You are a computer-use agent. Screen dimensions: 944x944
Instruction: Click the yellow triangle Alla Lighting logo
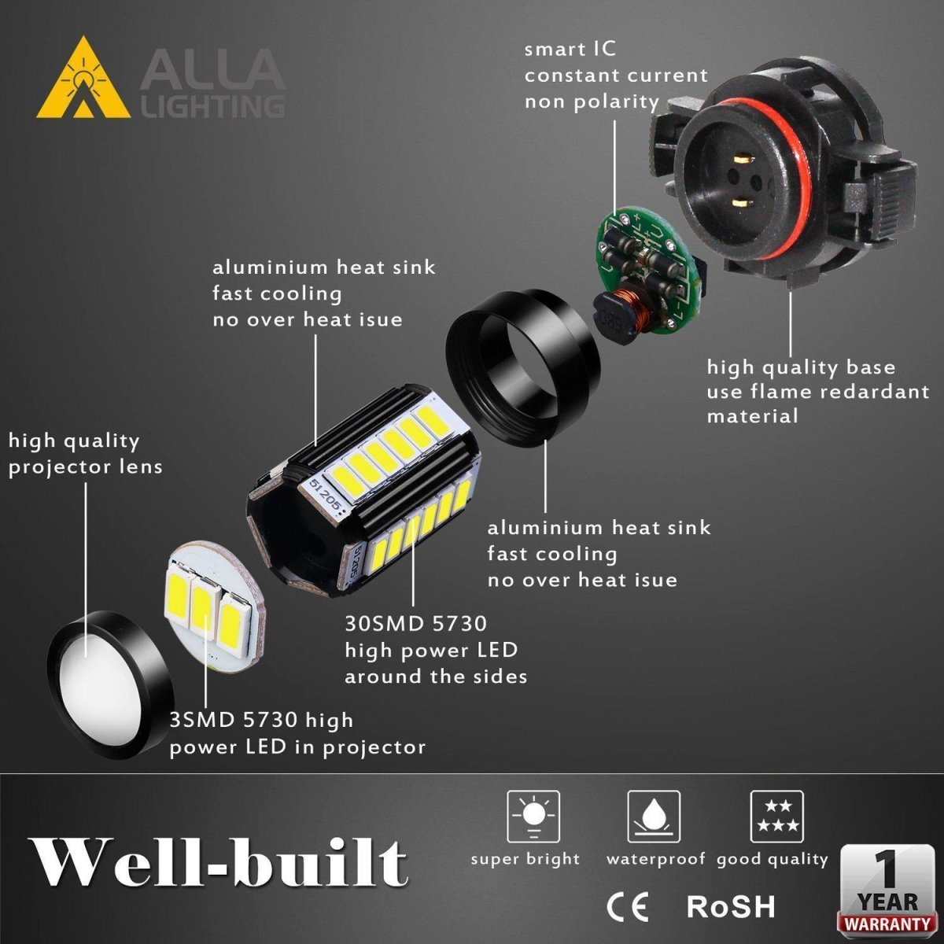pyautogui.click(x=83, y=79)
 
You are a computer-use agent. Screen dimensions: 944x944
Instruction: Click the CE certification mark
pyautogui.click(x=627, y=906)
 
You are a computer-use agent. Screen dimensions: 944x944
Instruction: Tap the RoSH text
pyautogui.click(x=731, y=905)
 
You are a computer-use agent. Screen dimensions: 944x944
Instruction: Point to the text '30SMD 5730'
pyautogui.click(x=416, y=624)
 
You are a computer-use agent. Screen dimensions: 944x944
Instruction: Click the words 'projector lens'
pyautogui.click(x=86, y=467)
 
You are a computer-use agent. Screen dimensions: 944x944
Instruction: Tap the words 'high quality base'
pyautogui.click(x=801, y=367)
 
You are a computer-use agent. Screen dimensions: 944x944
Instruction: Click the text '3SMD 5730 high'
pyautogui.click(x=261, y=720)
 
